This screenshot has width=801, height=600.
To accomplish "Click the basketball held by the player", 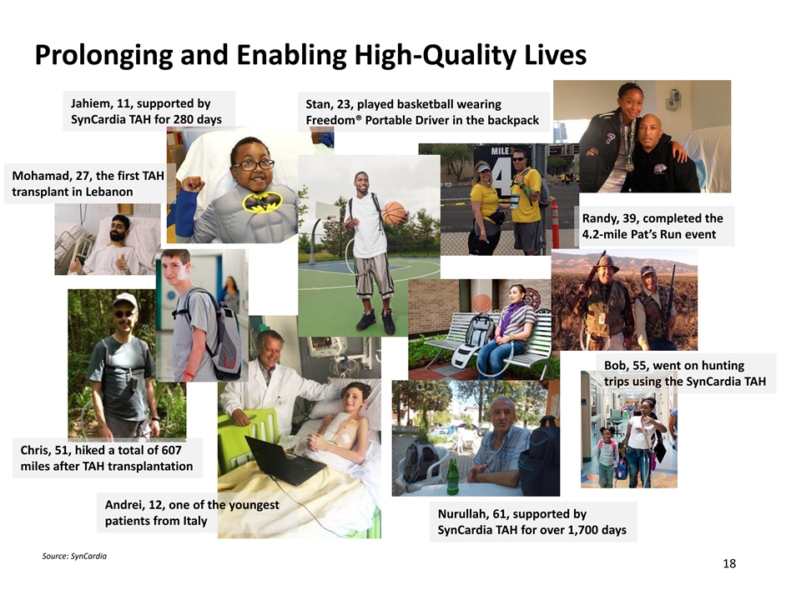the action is (393, 213).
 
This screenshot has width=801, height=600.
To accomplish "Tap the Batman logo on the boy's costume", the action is (262, 202).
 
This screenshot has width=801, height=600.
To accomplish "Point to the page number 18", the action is (729, 563).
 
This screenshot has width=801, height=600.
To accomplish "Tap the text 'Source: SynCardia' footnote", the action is (74, 556).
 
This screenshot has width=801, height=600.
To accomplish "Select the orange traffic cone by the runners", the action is (556, 223).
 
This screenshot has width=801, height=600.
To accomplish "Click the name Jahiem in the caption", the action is (90, 103).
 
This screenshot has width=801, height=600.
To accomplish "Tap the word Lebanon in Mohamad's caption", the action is (110, 192).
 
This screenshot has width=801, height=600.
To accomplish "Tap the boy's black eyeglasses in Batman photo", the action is (253, 165).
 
